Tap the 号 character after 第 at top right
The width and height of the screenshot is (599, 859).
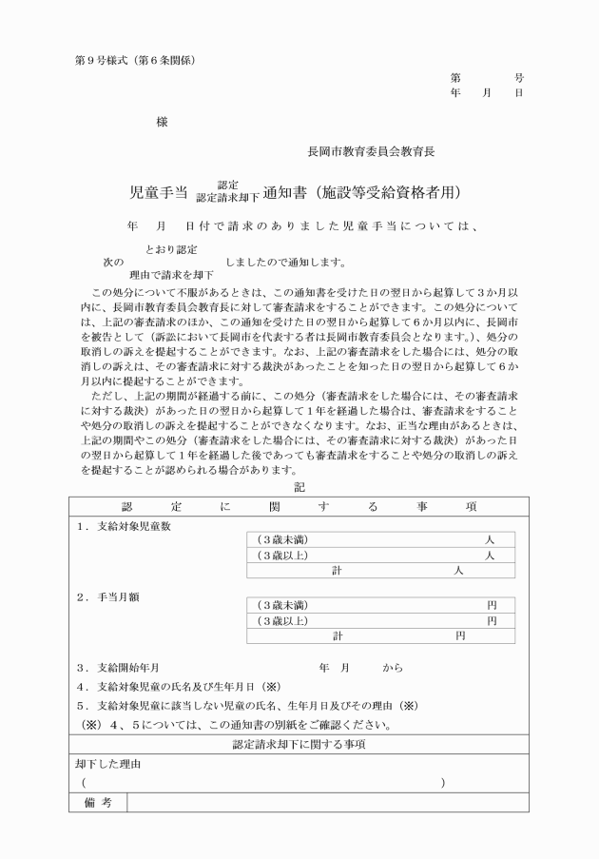[x=518, y=78]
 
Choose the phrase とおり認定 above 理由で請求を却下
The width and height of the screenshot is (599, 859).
[x=172, y=249]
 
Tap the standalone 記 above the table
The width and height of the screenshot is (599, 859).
[x=299, y=487]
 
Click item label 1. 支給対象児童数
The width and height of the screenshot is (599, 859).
[x=125, y=526]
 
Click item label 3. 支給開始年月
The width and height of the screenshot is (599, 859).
[x=125, y=668]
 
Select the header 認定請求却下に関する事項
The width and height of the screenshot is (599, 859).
[x=299, y=744]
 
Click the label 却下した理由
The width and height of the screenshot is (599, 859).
[x=108, y=764]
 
